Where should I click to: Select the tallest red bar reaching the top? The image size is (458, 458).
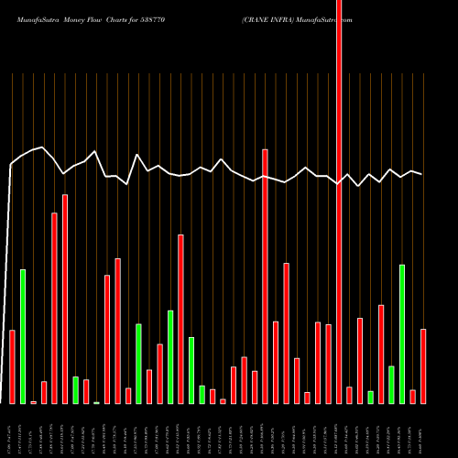click(339, 202)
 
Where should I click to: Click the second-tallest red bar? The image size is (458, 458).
click(266, 275)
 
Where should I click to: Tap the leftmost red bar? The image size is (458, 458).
click(12, 366)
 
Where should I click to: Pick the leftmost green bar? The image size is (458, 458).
click(23, 336)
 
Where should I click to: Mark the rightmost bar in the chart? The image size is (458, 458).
click(423, 366)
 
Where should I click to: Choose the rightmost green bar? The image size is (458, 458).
click(402, 334)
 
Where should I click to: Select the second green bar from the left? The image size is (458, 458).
click(76, 390)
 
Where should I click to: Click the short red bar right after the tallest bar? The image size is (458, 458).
click(349, 395)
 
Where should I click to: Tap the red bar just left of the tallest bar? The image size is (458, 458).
click(328, 364)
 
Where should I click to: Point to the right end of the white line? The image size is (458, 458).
click(422, 174)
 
